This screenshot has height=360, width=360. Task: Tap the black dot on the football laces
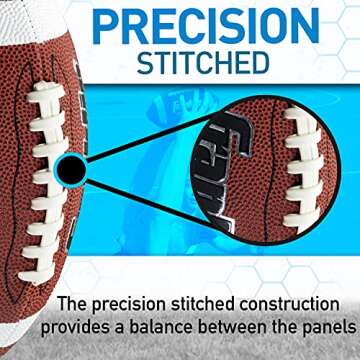tap(70, 171)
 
